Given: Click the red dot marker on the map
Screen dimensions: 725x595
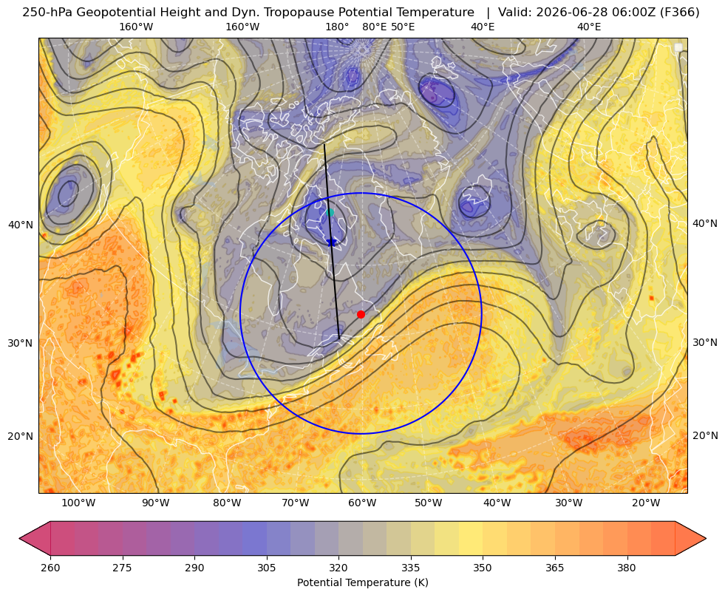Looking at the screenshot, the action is click(x=361, y=314).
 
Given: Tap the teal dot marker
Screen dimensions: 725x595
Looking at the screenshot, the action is click(x=330, y=212).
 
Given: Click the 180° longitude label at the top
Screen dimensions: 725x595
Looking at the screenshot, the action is click(x=337, y=27).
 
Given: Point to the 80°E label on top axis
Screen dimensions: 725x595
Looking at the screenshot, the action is click(x=374, y=27).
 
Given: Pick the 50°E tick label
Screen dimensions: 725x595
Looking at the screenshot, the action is click(x=403, y=27).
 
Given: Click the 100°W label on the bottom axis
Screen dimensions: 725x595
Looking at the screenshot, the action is click(x=78, y=503).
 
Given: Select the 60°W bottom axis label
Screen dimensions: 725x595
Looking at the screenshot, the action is click(x=362, y=503).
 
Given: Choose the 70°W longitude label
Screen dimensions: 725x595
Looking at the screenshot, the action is click(x=295, y=503).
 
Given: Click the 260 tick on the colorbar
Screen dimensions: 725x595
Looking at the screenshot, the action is click(x=50, y=568).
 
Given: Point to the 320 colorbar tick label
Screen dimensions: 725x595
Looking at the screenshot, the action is click(x=338, y=568).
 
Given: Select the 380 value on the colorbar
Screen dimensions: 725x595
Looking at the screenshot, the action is click(x=627, y=568).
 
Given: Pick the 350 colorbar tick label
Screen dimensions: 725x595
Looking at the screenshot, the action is click(x=483, y=568).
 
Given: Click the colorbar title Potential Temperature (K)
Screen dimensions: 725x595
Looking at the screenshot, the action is click(x=362, y=582).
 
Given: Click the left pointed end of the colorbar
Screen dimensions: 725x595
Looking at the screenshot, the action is click(x=19, y=538).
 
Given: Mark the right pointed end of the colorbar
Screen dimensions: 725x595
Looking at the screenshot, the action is click(x=706, y=538).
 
